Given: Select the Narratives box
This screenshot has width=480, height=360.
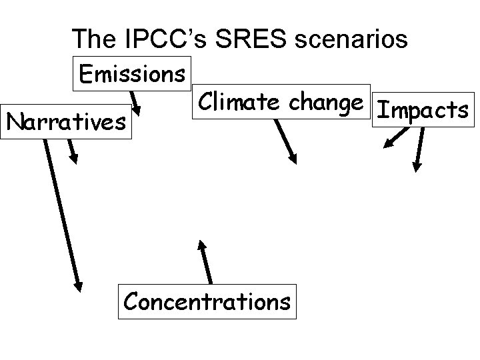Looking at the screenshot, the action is coord(66,121).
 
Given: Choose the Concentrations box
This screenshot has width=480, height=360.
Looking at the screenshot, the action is coord(207,301).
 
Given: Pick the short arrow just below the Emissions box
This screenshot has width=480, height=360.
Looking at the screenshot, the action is coord(135,103).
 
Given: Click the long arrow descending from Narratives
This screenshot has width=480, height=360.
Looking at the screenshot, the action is coord(62,213).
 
